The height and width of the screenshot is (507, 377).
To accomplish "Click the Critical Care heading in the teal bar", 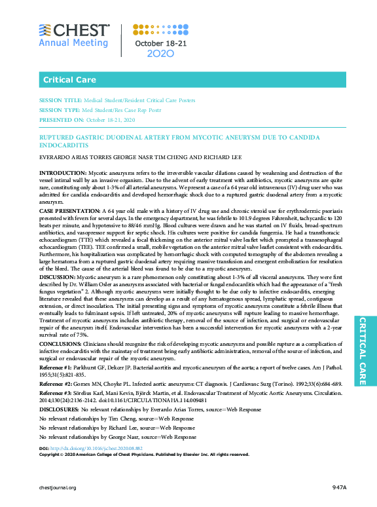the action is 67,80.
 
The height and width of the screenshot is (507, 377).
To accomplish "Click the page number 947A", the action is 338,487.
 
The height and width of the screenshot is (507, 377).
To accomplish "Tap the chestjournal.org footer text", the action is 58,488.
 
